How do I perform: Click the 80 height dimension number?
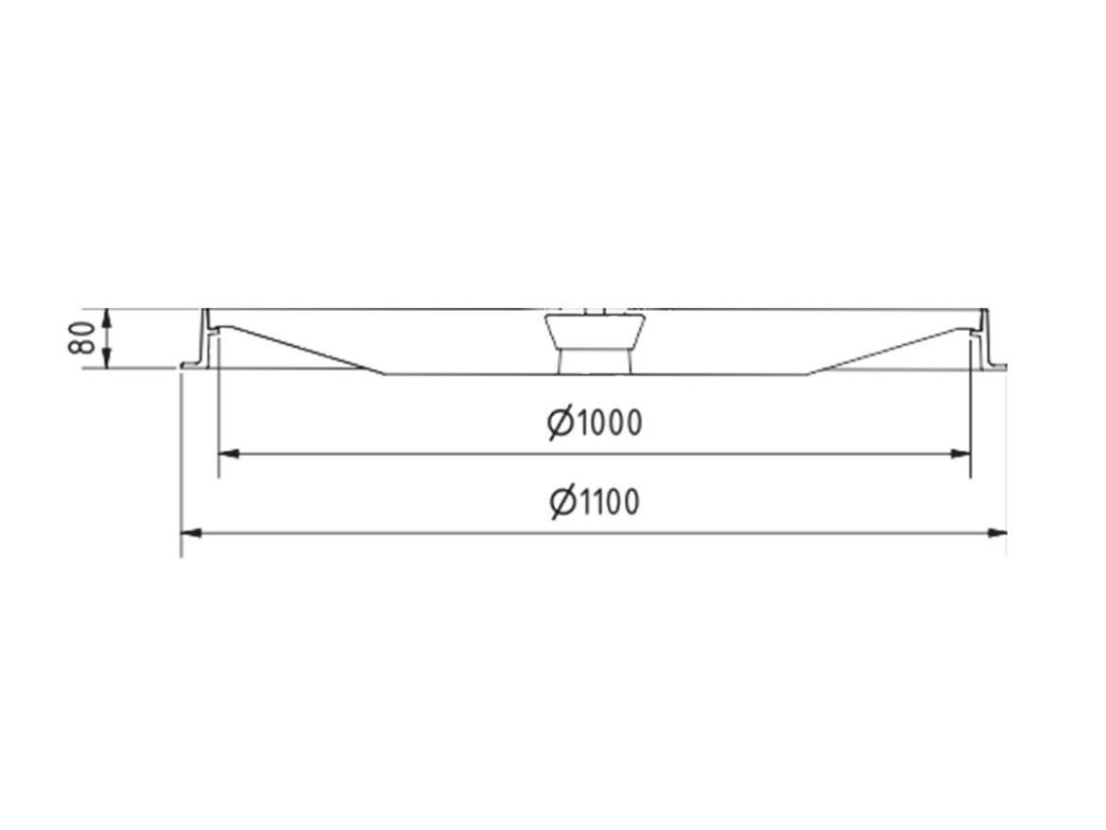click(x=82, y=337)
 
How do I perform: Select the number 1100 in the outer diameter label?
click(x=609, y=502)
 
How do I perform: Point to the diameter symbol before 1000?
click(x=561, y=424)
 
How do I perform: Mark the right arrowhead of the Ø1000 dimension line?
click(x=959, y=454)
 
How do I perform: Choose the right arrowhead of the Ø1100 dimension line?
click(x=995, y=533)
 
